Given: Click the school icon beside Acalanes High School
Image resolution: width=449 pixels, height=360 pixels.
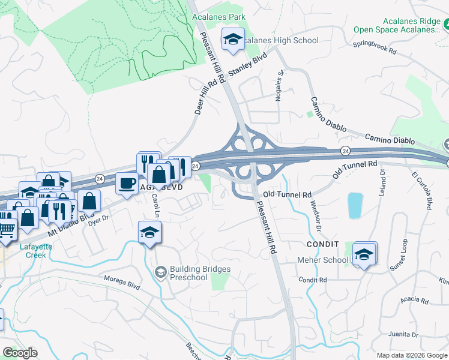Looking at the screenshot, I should [x=234, y=39].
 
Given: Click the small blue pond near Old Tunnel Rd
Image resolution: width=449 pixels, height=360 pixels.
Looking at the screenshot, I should [x=355, y=205].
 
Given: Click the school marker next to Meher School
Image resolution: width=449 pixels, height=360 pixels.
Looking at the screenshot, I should [x=364, y=254].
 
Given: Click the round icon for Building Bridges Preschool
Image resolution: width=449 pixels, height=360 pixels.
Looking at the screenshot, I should [x=160, y=273].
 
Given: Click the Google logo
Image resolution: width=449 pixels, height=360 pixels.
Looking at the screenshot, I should [x=20, y=353].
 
